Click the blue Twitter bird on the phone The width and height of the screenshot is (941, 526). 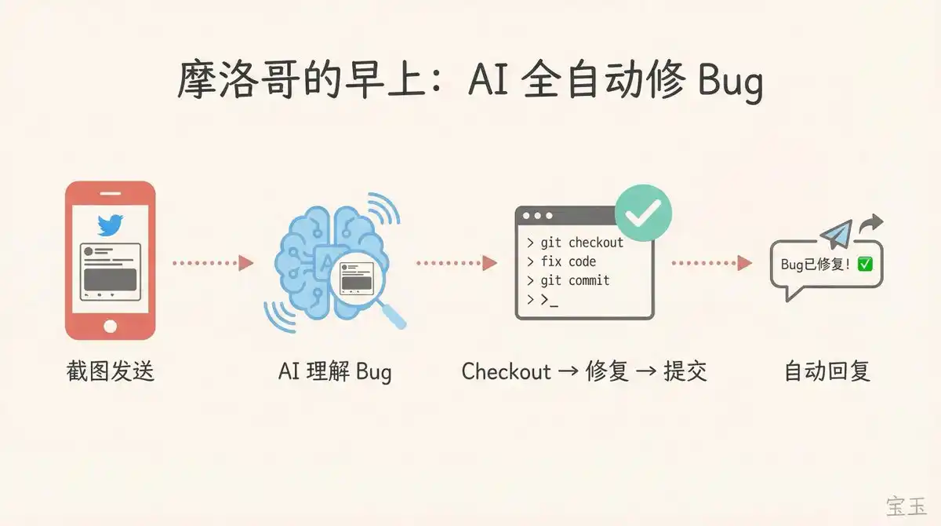click(110, 225)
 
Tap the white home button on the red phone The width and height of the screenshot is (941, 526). click(110, 327)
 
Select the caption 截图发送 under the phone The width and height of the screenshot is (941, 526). click(110, 371)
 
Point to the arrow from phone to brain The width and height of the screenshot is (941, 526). click(213, 263)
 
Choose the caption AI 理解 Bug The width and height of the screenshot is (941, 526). click(335, 372)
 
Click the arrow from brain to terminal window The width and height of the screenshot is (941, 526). click(456, 263)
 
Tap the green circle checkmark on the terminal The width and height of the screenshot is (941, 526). click(643, 213)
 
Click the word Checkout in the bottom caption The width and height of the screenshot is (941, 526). click(507, 371)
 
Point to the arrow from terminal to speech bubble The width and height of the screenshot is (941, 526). click(712, 263)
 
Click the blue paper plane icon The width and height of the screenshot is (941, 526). click(837, 234)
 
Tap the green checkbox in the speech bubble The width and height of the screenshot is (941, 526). click(865, 264)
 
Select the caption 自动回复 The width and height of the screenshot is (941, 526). click(827, 371)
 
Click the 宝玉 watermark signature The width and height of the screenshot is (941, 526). click(906, 506)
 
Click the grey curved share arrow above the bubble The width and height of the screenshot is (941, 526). click(871, 223)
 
